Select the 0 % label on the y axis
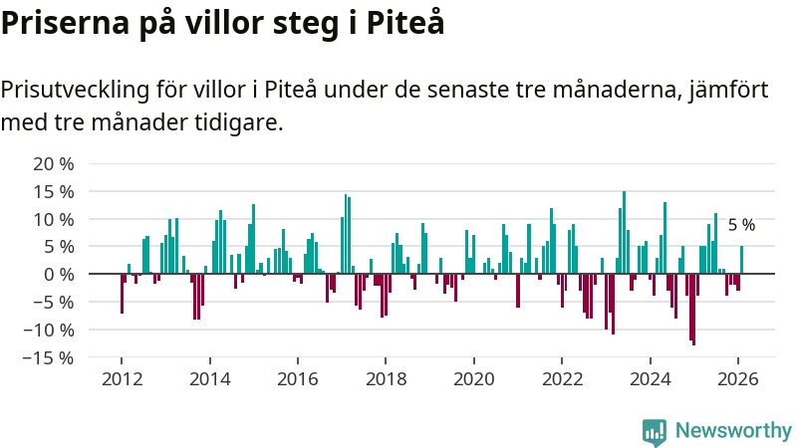[59, 274]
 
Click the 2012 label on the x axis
[122, 379]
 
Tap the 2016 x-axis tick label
[297, 379]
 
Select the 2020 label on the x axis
[473, 379]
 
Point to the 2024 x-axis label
[650, 379]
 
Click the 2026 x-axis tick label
[737, 379]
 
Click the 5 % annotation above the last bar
[741, 226]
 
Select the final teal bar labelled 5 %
[741, 260]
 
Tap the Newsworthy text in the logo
[733, 430]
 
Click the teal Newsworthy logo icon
[655, 430]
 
